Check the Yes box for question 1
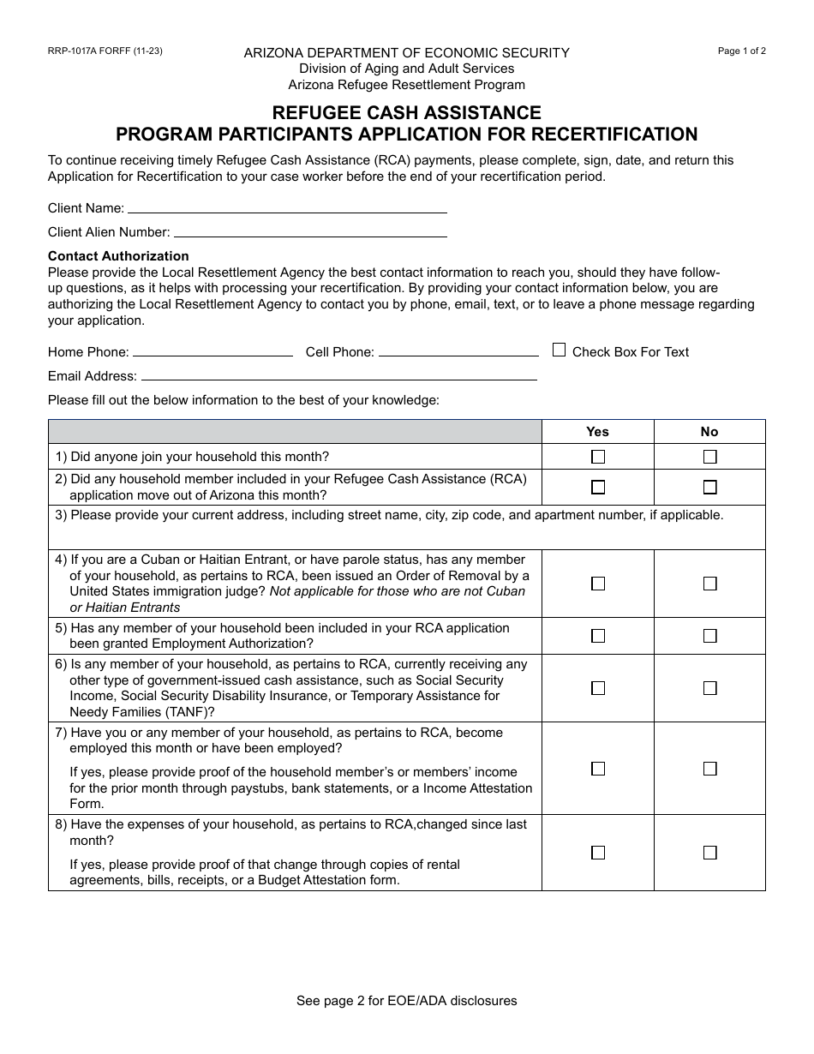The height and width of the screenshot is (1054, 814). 598,457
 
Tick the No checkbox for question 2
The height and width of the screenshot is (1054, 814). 709,487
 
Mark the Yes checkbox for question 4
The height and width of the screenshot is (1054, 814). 598,584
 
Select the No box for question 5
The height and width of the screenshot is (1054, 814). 709,636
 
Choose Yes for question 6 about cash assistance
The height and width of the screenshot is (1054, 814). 598,688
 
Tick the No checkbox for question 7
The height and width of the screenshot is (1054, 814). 709,769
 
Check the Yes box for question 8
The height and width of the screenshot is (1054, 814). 598,853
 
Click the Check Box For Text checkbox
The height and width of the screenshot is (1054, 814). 559,350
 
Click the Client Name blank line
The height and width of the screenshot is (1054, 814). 287,208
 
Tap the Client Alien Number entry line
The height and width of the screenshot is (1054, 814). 310,232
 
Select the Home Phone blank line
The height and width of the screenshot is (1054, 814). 212,352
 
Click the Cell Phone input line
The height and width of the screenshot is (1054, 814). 458,352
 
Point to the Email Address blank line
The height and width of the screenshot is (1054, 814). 338,376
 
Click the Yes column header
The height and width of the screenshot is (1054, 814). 598,432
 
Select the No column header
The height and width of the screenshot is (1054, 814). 709,432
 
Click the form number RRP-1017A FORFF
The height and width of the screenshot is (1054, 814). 105,51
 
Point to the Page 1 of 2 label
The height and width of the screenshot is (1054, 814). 741,51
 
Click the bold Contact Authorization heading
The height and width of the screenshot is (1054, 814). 118,255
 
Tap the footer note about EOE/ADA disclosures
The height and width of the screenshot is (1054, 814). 406,1000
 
